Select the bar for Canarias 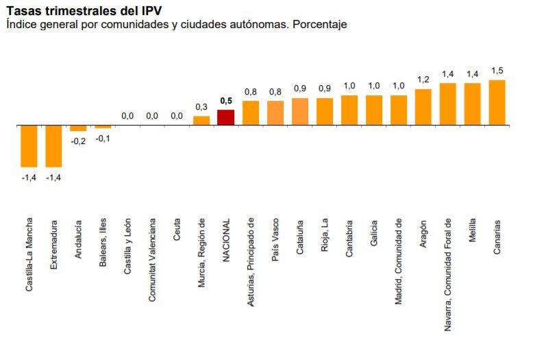(x=497, y=103)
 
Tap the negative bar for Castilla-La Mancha (x=29, y=146)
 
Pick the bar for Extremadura (x=53, y=146)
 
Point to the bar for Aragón (x=423, y=108)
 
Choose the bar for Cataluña (x=300, y=112)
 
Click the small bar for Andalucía (x=78, y=128)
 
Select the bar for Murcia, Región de (x=201, y=121)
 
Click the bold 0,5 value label (x=226, y=101)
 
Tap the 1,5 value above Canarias (x=497, y=71)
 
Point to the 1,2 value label (x=423, y=80)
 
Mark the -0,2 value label (x=78, y=141)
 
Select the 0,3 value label (x=201, y=107)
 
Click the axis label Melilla (x=473, y=237)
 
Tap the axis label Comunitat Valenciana (x=152, y=260)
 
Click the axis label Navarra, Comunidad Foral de (x=448, y=275)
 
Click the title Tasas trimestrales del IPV (x=84, y=10)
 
